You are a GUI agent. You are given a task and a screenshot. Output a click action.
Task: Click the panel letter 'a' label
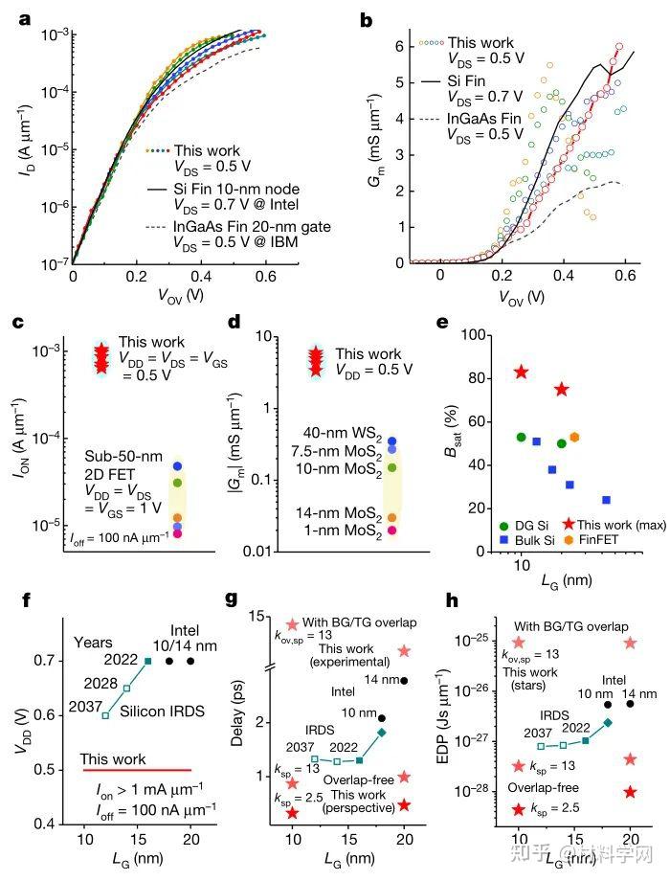point(24,20)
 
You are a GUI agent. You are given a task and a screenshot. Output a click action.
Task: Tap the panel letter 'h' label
point(452,600)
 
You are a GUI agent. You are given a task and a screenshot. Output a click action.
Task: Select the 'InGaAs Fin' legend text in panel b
point(484,119)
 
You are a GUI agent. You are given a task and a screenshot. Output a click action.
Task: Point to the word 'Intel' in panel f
point(185,630)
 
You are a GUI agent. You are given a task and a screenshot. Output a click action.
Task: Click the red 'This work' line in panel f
point(137,770)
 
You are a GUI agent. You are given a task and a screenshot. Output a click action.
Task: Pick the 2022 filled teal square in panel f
point(147,662)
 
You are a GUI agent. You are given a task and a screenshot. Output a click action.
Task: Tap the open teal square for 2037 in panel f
point(105,715)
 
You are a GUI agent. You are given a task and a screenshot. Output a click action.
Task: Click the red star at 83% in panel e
point(523,372)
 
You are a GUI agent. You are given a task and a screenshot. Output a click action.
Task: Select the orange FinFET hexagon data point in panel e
point(574,437)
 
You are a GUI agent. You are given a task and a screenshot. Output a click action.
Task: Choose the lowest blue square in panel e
point(607,500)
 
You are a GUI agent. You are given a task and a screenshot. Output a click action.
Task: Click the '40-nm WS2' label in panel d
point(343,434)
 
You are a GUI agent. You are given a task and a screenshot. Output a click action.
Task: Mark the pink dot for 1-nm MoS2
point(392,530)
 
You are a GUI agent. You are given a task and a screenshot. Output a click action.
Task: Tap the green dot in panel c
point(177,482)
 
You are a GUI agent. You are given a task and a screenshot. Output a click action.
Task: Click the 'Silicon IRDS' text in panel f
point(163,712)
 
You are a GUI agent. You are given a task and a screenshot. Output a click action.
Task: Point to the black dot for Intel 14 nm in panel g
point(404,681)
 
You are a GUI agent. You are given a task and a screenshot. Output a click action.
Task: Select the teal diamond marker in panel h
point(608,723)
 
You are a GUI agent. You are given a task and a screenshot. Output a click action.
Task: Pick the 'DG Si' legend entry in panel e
point(524,526)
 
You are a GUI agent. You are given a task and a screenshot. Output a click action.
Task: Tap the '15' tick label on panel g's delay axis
point(257,617)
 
